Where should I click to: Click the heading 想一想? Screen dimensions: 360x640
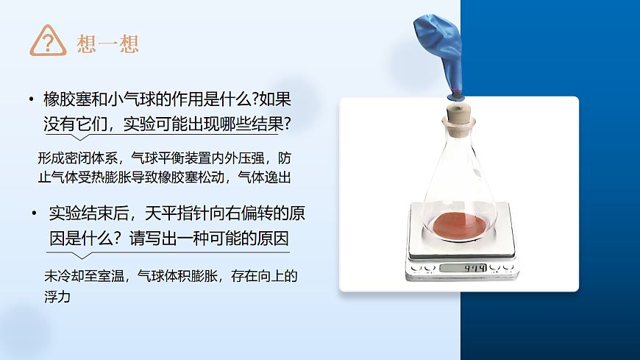[107, 43]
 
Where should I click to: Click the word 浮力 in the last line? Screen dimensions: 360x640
[57, 298]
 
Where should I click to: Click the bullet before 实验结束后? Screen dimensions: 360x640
[34, 214]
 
